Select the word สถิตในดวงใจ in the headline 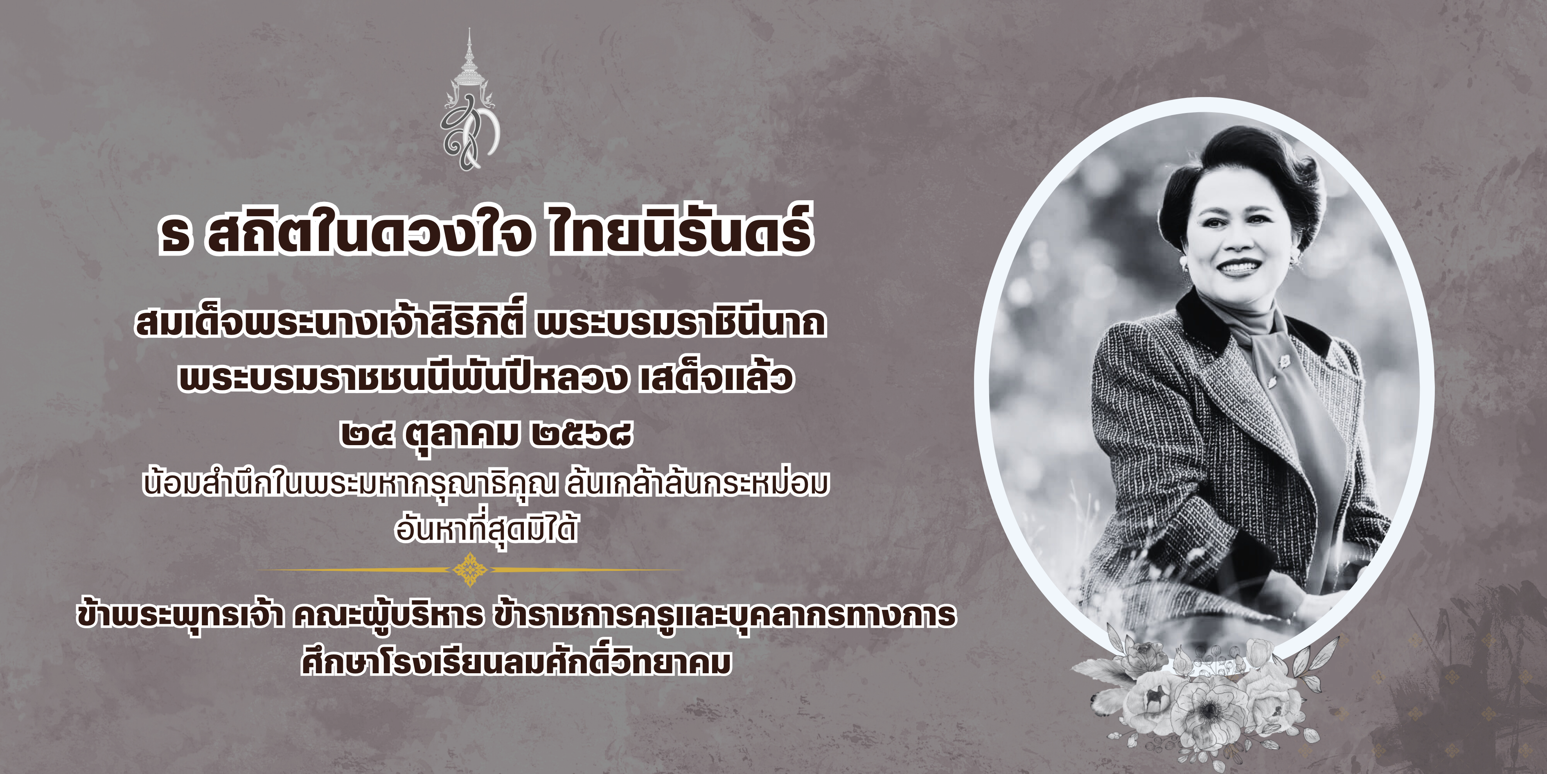(x=369, y=231)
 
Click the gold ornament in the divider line (x=470, y=569)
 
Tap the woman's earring (x=1186, y=263)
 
